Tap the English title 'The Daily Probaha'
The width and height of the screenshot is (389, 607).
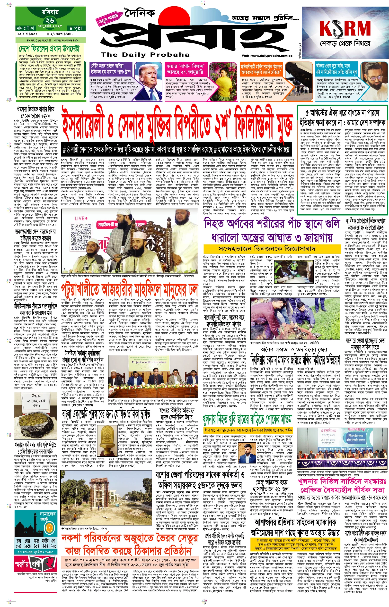click(145, 55)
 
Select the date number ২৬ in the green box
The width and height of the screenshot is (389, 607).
click(50, 20)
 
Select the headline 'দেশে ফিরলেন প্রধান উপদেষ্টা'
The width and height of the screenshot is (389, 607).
click(49, 48)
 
